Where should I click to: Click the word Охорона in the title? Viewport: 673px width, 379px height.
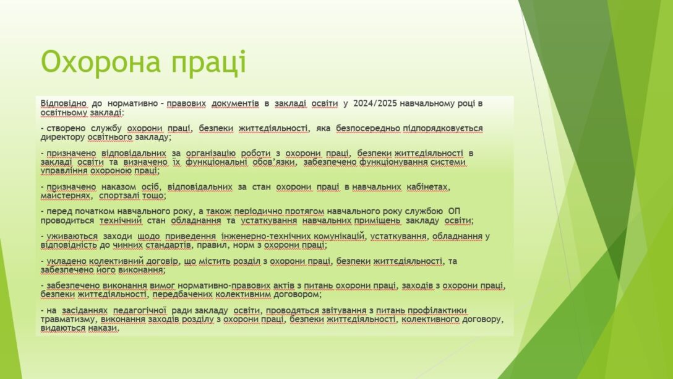tap(101, 61)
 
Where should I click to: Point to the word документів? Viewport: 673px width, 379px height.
tap(235, 103)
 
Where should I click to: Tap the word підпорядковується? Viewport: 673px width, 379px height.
tap(442, 128)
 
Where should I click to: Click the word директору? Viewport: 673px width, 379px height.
tap(62, 137)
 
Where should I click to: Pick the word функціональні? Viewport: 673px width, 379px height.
tap(216, 162)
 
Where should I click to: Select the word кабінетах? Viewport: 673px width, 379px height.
tap(427, 187)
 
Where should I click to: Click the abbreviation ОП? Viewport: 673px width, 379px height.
tap(454, 211)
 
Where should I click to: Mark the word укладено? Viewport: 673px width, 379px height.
tap(67, 261)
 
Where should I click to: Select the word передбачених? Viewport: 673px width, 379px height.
tap(182, 295)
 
